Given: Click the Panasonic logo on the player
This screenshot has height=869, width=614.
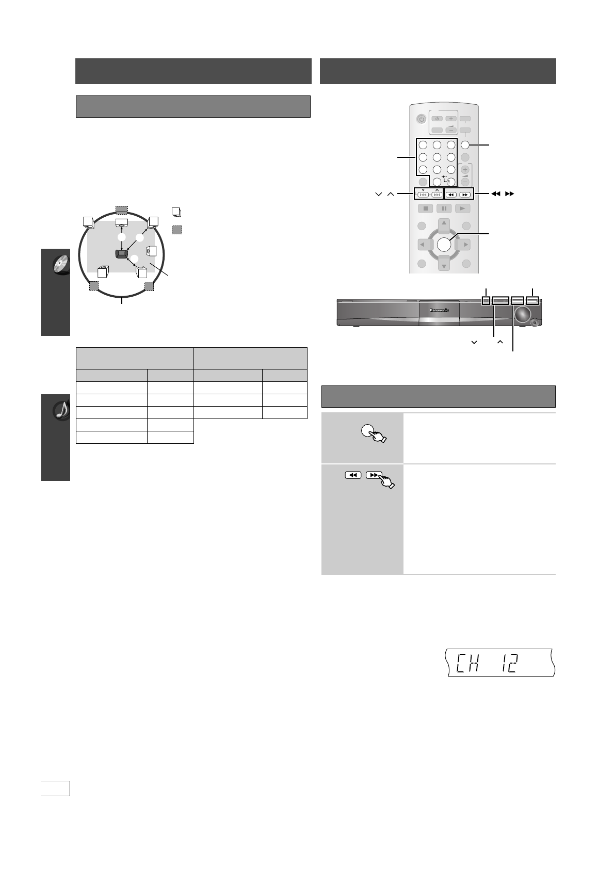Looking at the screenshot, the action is pos(439,310).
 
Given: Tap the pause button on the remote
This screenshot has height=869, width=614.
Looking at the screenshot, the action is pos(444,208).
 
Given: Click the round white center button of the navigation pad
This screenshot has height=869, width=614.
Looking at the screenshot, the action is pos(444,244).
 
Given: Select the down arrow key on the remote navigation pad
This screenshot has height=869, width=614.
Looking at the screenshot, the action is pos(444,263).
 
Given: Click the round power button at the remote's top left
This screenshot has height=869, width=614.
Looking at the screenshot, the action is pos(421,119).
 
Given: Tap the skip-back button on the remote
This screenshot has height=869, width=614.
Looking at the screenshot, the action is pos(423,195).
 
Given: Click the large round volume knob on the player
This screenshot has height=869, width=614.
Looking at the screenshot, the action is pos(523,314).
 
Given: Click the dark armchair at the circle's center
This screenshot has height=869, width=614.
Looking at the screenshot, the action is pos(121,254).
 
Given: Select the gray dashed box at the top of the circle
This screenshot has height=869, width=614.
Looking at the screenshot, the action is pos(121,210).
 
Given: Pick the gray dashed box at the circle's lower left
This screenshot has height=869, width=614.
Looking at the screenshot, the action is pos(94,286).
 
